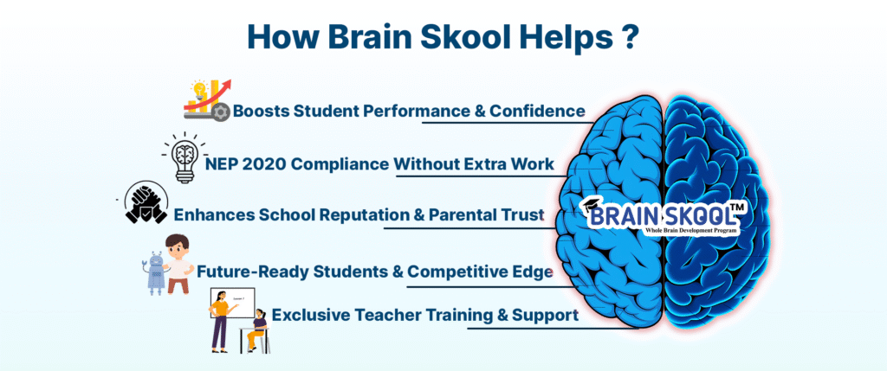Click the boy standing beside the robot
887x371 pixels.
pos(178,261)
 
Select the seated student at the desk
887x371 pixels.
pos(256,330)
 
